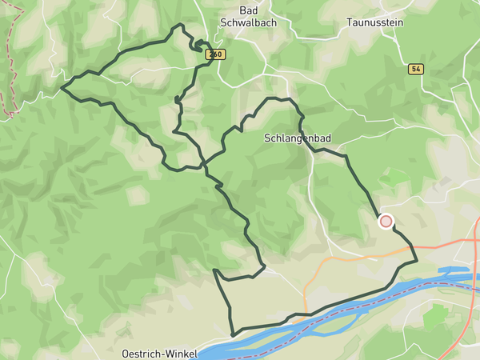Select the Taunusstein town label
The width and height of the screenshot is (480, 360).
(x=374, y=22)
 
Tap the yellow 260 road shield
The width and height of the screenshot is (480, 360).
(x=214, y=54)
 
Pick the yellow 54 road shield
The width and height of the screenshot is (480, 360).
(x=415, y=70)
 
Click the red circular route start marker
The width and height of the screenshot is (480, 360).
(x=386, y=222)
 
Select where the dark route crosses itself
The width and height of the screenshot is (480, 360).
(x=206, y=165)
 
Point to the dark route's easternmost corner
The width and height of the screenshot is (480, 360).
(x=417, y=261)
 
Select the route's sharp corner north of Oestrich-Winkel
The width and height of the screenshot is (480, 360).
(x=214, y=270)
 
